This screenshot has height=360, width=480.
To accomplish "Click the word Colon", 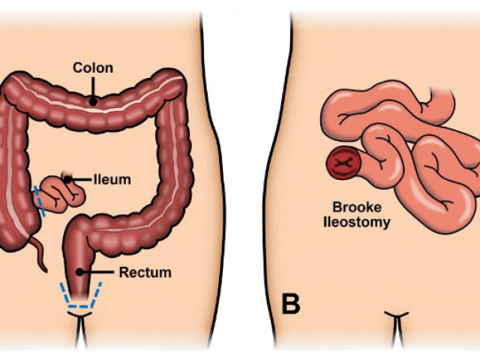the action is [x=93, y=68].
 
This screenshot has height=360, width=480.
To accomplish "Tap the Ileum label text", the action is [x=112, y=180].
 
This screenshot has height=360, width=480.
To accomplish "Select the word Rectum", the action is [x=145, y=272].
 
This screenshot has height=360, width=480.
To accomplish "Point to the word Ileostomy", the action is [x=357, y=223].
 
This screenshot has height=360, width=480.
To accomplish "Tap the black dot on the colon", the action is [x=93, y=101].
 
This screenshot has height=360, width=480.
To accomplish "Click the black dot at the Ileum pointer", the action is [x=67, y=180].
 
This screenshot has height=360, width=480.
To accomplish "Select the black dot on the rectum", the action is [x=79, y=271].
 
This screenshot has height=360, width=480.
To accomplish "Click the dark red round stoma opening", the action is [x=343, y=163].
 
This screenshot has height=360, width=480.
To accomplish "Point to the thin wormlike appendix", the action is [x=39, y=253].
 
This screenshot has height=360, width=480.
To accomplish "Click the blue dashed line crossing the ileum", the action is [x=40, y=201].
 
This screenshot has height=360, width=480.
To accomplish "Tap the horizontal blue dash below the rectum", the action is [x=79, y=306].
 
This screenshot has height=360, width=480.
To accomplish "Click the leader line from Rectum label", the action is [x=98, y=271].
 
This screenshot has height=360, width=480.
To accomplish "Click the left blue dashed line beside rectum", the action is [x=65, y=295].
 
